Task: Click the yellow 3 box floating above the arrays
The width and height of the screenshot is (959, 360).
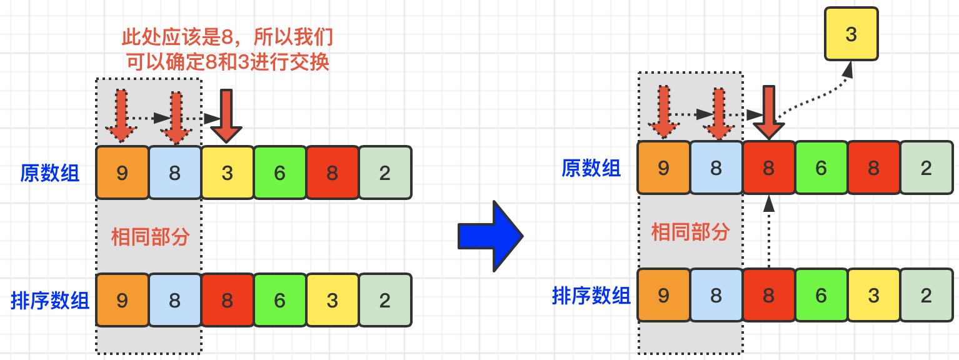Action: (851, 34)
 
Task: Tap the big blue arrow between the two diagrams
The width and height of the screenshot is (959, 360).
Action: (490, 236)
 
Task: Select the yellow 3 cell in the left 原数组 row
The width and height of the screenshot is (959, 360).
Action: (228, 172)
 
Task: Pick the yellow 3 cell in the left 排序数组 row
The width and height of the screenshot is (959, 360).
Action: (332, 300)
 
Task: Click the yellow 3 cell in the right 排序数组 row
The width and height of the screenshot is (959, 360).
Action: (873, 295)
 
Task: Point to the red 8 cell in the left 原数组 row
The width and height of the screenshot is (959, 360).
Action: (332, 172)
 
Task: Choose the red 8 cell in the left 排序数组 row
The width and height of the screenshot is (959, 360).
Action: (228, 300)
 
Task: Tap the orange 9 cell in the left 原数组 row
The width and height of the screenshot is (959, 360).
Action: (123, 172)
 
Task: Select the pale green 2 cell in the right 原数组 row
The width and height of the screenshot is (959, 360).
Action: (926, 167)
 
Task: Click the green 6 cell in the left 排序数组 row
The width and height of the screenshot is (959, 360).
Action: (279, 300)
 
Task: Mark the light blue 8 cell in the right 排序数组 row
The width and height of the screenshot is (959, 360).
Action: (716, 295)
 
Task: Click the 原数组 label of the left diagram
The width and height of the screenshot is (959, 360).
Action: (50, 173)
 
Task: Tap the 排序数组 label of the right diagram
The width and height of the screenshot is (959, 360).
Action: (591, 296)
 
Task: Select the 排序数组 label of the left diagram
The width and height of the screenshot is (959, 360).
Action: (50, 301)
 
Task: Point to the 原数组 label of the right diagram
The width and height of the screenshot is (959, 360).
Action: (591, 168)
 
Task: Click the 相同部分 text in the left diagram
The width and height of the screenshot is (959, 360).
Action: (150, 237)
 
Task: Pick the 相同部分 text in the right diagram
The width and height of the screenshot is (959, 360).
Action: (690, 232)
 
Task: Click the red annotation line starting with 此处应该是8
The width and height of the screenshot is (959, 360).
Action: (227, 38)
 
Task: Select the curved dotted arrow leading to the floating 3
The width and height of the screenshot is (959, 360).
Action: (813, 94)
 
